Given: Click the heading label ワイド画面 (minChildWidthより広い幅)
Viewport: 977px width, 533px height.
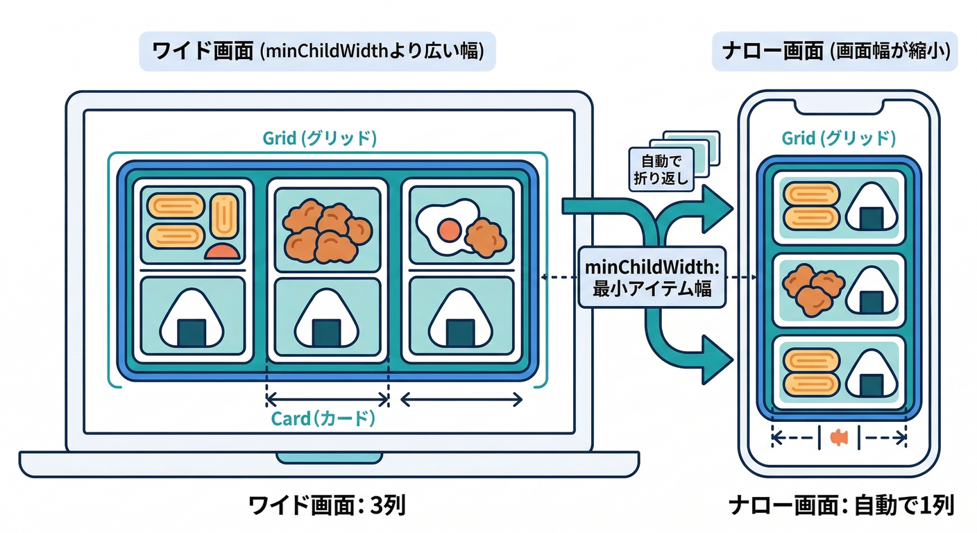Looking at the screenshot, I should point(317,52).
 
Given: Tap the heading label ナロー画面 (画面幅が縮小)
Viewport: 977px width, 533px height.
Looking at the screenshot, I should point(835,52).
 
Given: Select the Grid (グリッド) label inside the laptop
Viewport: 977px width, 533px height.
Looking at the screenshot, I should point(320,138).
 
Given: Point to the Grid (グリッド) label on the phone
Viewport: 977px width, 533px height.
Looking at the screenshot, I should point(838,138).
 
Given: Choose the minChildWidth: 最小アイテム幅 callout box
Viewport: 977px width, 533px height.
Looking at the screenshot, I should point(652,278).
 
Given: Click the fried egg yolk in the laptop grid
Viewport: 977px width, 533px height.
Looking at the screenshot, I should point(449,228).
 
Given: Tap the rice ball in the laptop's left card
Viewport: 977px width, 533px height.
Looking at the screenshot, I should point(193,321).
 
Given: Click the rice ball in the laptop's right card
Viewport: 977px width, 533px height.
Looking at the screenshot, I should point(461,321).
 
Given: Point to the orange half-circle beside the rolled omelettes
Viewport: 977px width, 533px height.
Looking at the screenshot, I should point(223,252).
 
